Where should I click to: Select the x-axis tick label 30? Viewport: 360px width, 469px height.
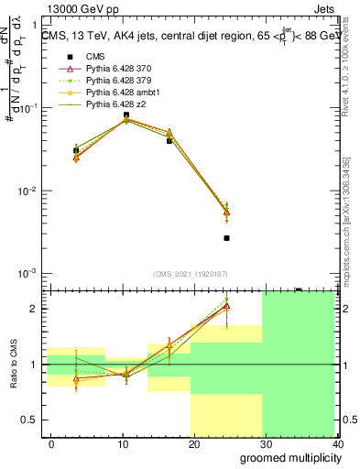point(266,443)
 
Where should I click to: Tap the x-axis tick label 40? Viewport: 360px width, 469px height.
point(336,443)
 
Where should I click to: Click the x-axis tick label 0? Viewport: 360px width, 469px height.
point(51,443)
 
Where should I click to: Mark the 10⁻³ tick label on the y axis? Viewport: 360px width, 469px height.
point(29,274)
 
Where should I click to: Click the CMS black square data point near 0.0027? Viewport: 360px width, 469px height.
point(226,238)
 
